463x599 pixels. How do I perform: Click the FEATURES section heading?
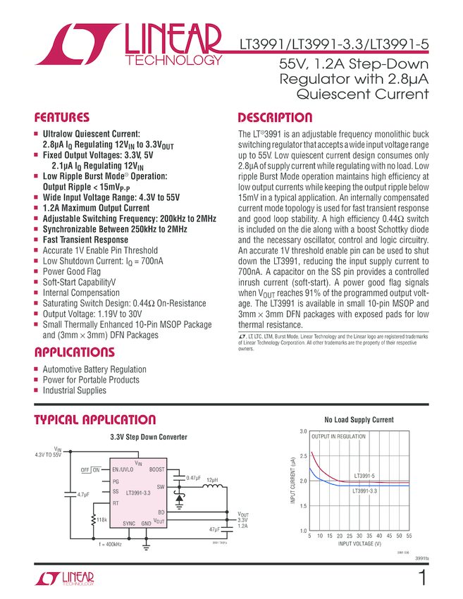tap(62, 118)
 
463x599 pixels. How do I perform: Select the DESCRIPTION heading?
tap(275, 118)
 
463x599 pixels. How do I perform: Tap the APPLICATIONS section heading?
tap(74, 352)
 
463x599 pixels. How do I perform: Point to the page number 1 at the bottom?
tap(421, 579)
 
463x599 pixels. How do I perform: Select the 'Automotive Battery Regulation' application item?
tap(94, 369)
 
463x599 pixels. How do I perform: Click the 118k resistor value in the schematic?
tap(101, 519)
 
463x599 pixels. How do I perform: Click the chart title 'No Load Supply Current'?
tap(359, 421)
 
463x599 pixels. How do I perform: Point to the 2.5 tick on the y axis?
tap(303, 457)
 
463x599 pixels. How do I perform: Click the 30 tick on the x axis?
tap(359, 536)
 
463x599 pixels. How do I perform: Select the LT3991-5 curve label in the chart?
tap(365, 476)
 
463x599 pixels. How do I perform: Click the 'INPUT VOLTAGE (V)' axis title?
tap(359, 544)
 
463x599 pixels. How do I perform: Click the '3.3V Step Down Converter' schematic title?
tap(148, 437)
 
